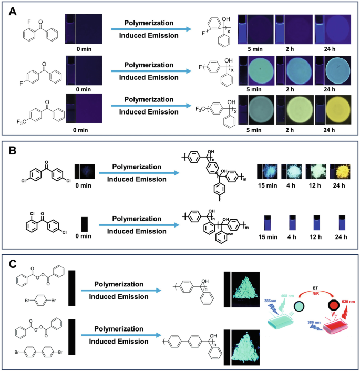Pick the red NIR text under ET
pos(316,296)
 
